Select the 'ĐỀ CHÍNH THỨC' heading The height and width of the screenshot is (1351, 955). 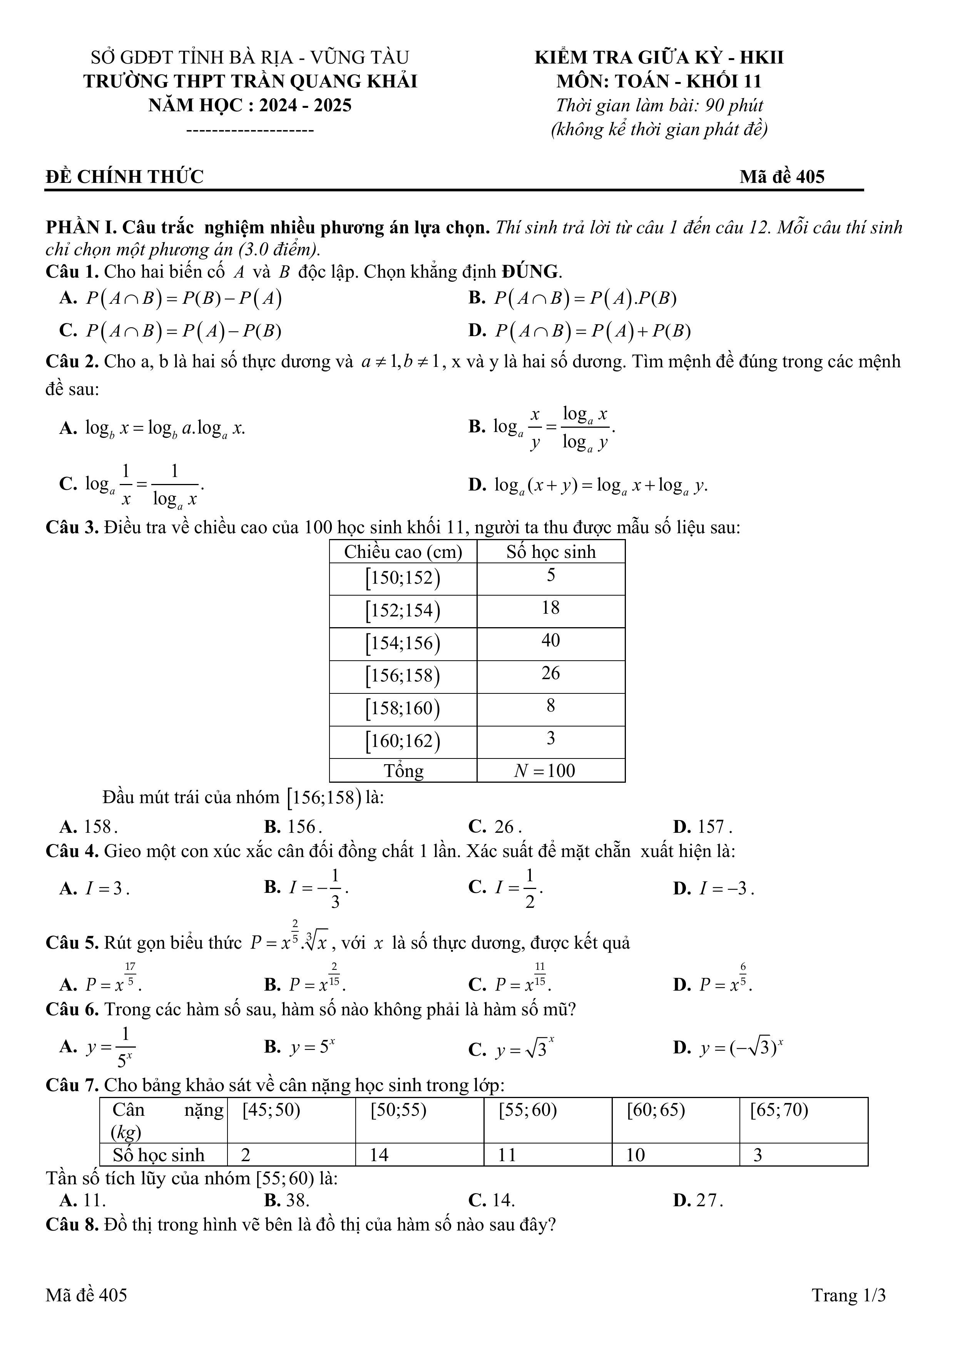pyautogui.click(x=125, y=176)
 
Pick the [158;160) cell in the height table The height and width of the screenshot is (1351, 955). pyautogui.click(x=403, y=708)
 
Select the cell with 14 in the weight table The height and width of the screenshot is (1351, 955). pyautogui.click(x=419, y=1155)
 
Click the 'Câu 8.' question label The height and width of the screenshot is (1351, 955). pyautogui.click(x=72, y=1224)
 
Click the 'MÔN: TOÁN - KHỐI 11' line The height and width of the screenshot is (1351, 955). pyautogui.click(x=659, y=81)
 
